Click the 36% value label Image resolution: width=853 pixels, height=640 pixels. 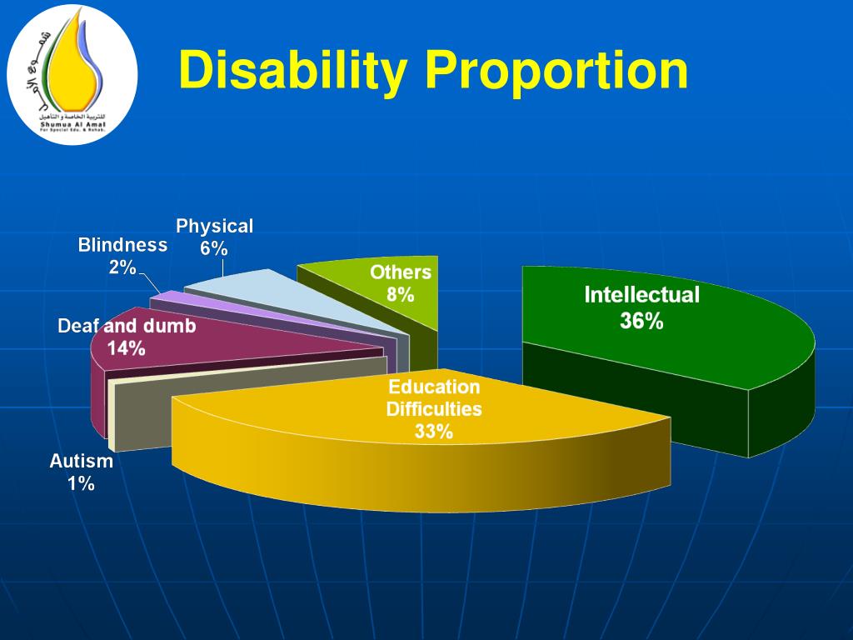click(x=641, y=321)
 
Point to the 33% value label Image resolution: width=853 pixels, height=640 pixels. click(x=434, y=432)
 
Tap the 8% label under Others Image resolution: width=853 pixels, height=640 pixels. click(x=400, y=294)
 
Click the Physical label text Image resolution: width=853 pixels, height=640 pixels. click(x=214, y=226)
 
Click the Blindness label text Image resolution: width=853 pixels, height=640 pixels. click(x=122, y=245)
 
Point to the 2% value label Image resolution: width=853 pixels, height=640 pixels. click(x=122, y=267)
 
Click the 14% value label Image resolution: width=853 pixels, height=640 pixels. click(x=127, y=348)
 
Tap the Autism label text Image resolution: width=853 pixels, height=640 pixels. click(x=81, y=461)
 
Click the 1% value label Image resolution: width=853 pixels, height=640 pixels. click(x=81, y=483)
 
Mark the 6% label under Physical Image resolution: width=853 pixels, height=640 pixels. click(x=214, y=248)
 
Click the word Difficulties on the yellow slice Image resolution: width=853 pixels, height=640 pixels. click(x=434, y=409)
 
